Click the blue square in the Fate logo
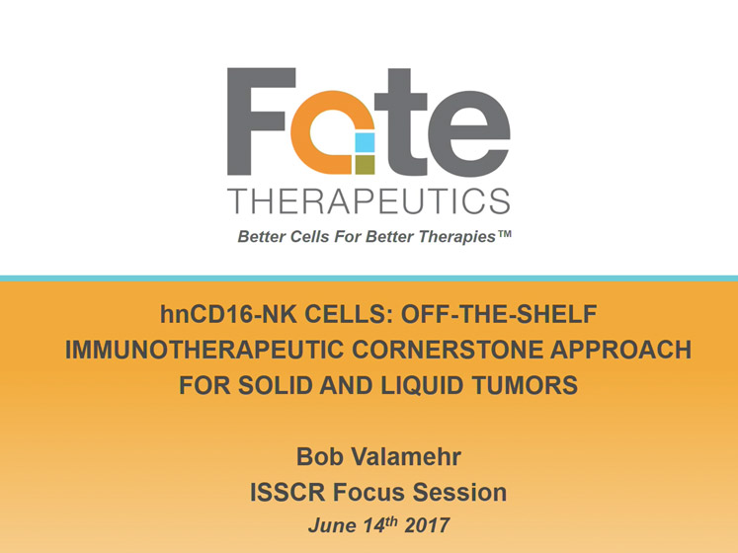coord(365,142)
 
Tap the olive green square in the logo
coord(365,165)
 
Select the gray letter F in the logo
coord(261,121)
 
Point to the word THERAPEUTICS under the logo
coord(369,201)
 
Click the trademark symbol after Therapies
coord(505,233)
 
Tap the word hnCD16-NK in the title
coord(228,314)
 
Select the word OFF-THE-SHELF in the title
coord(499,314)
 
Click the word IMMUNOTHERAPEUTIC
coord(204,350)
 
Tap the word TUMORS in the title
coord(526,385)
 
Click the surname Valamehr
coord(406,456)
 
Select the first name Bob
coord(319,456)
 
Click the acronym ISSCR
coord(287,493)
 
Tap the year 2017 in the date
coord(427,525)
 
